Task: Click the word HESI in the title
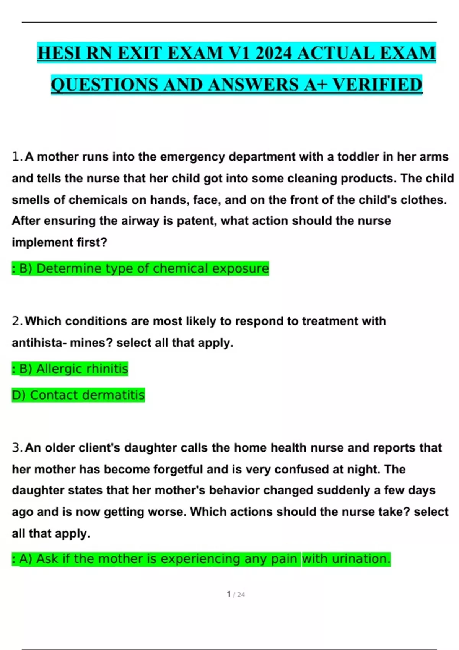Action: [60, 53]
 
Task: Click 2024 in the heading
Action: [273, 53]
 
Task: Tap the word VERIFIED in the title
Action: [377, 84]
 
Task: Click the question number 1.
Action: [17, 157]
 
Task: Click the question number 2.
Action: [17, 321]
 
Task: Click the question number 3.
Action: [17, 448]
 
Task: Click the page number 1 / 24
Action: [236, 595]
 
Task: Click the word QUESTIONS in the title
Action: [104, 84]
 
